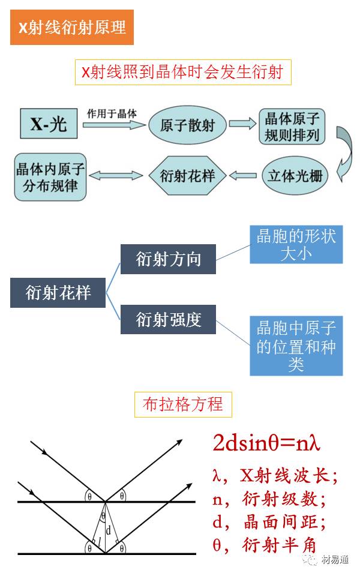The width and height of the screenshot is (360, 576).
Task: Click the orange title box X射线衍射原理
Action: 72,28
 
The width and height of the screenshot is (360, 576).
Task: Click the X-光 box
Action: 49,125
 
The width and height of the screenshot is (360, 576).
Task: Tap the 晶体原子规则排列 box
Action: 292,126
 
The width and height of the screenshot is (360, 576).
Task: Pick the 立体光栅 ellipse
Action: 295,176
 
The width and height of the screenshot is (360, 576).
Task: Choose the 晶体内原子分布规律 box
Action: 50,176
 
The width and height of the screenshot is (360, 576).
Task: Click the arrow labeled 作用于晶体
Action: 114,124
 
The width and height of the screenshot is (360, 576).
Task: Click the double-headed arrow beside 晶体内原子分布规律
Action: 117,176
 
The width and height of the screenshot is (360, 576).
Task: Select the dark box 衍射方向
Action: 168,259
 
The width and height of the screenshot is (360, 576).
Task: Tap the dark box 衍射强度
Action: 168,319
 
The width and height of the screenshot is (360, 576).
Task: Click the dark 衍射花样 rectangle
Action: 58,292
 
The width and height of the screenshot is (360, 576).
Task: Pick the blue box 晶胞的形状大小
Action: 296,244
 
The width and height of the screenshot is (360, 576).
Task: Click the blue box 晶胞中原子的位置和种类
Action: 296,346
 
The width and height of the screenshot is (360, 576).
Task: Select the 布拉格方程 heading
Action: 183,404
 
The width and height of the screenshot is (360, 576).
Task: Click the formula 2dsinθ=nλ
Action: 266,443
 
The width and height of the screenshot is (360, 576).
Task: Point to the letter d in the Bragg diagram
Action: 108,531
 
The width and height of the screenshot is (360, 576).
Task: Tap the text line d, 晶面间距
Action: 269,521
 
